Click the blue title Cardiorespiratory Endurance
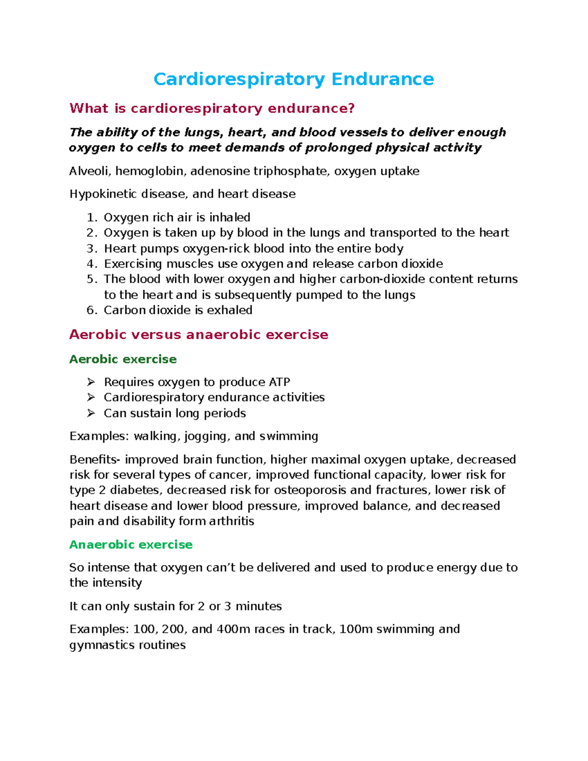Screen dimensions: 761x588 [x=294, y=79]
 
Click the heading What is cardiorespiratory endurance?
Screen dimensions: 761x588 [x=212, y=108]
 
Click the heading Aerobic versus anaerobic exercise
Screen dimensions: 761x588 [x=198, y=335]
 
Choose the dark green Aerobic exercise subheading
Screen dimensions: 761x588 [x=122, y=359]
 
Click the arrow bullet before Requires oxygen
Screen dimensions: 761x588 [x=91, y=382]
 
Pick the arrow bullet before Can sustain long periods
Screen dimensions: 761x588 [x=91, y=413]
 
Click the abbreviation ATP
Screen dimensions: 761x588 [x=279, y=382]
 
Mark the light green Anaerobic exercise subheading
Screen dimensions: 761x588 [x=131, y=544]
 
